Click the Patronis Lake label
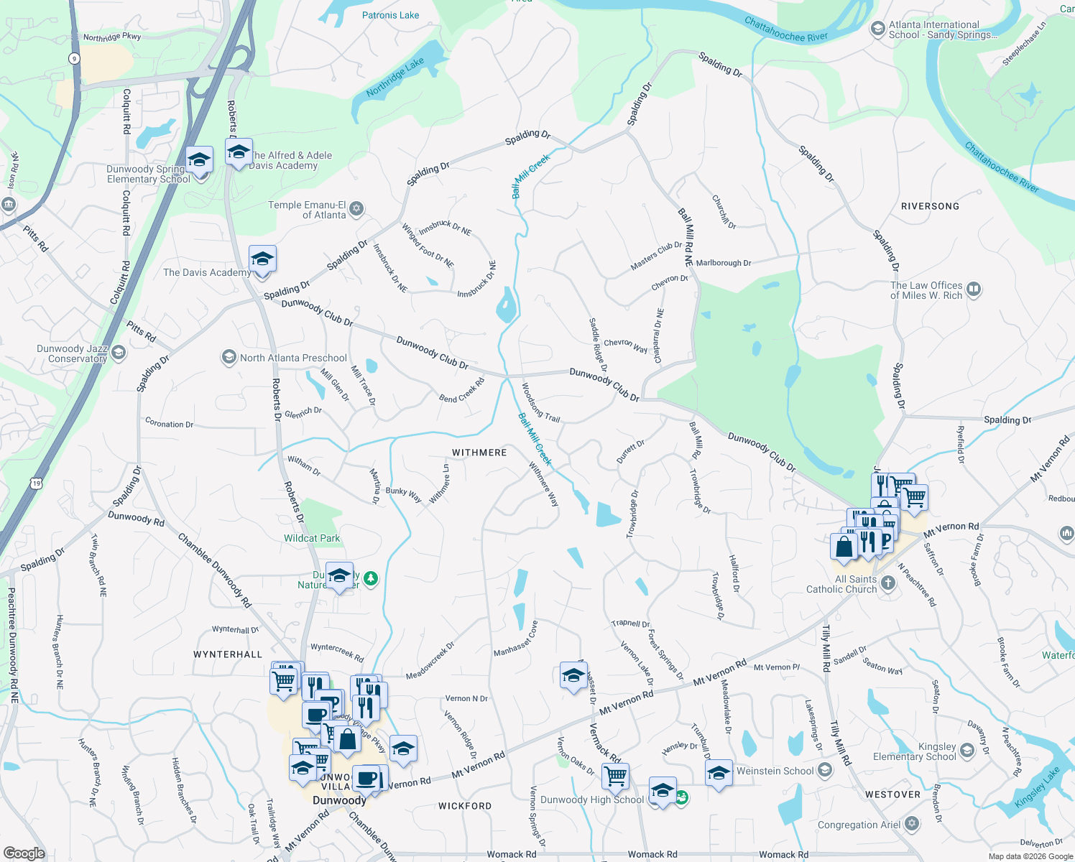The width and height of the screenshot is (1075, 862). point(390,15)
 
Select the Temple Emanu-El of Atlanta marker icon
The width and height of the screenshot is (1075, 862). point(356,209)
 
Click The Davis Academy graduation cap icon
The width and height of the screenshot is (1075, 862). point(262,259)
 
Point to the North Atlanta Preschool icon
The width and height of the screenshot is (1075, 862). point(229,357)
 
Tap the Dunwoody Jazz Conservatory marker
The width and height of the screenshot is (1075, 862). point(119,353)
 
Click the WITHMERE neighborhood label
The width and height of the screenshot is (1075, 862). point(479,453)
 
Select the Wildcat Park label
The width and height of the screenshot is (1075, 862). point(312,538)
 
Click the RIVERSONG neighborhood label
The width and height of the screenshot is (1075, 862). point(930,206)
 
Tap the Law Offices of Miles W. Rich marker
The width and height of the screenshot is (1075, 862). point(974,289)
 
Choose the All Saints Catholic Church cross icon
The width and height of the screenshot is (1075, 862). point(888,583)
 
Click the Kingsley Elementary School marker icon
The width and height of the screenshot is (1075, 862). point(967,751)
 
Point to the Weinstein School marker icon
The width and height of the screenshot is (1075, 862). point(825,771)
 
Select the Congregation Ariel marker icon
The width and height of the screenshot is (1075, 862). point(912,824)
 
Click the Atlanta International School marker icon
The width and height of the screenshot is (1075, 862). point(877,29)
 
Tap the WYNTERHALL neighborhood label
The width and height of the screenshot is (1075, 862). point(228,654)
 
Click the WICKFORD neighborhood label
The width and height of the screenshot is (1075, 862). point(465,806)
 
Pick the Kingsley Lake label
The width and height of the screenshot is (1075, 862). point(1037,788)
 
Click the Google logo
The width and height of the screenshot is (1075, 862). point(24,853)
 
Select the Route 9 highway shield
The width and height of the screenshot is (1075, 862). point(74,59)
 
